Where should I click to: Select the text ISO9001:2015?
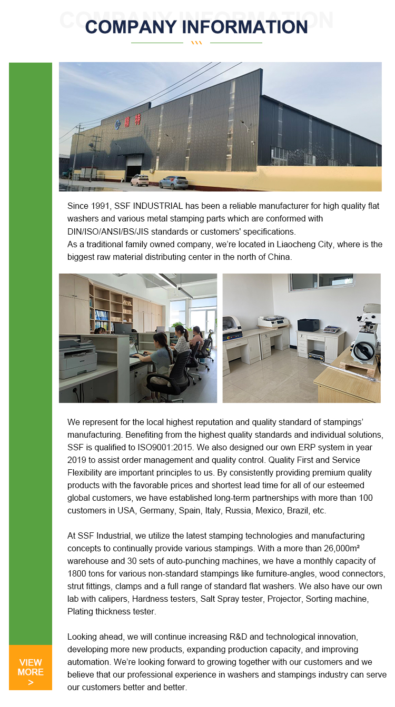[x=139, y=447]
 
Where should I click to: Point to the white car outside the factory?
[x=140, y=180]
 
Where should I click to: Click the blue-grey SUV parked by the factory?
[x=173, y=182]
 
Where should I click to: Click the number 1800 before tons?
[x=78, y=573]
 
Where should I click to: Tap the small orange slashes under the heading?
[x=196, y=43]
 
